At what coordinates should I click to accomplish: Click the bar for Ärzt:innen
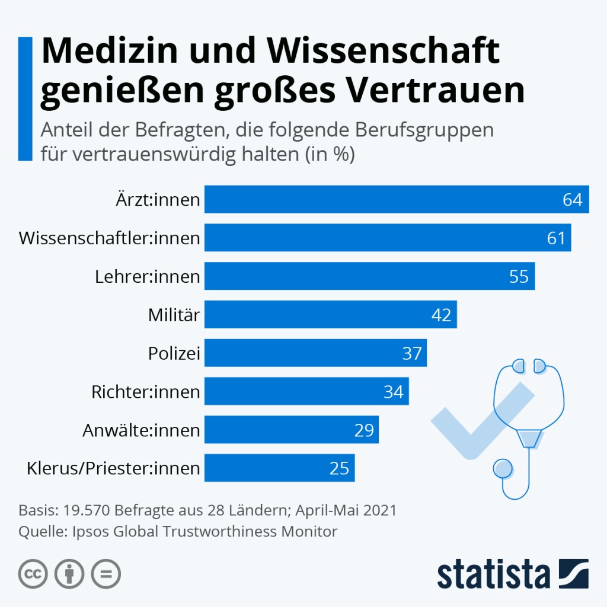396,199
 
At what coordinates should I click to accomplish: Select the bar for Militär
330,315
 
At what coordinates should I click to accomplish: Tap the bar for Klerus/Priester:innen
279,468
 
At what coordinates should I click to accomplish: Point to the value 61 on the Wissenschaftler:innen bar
557,238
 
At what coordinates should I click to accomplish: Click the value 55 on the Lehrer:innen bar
519,277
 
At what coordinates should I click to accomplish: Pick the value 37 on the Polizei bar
412,354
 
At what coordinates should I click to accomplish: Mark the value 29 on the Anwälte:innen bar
364,430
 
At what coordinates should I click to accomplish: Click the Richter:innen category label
145,392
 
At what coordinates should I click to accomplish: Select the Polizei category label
174,354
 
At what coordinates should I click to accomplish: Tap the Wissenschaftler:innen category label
109,238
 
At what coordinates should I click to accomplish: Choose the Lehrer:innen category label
147,277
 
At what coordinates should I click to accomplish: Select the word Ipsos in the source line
88,531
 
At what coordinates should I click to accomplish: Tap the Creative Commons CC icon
34,574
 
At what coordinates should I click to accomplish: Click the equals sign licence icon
106,574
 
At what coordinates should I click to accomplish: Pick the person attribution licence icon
70,574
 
